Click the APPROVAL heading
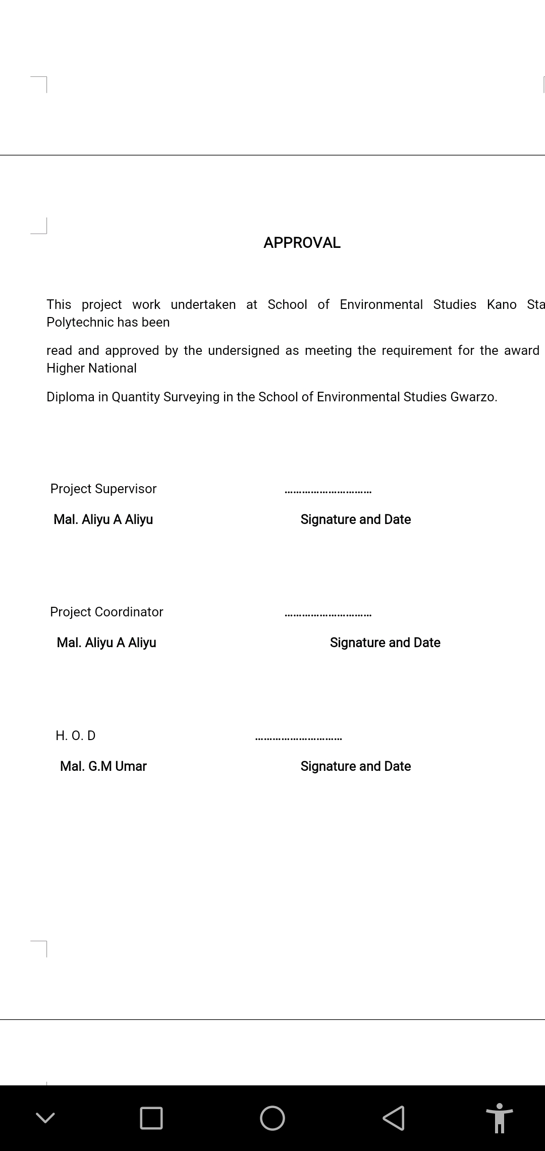pyautogui.click(x=302, y=243)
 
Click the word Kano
pyautogui.click(x=501, y=304)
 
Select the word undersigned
pyautogui.click(x=243, y=350)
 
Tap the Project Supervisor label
pyautogui.click(x=103, y=489)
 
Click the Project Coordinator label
pyautogui.click(x=106, y=612)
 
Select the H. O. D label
pyautogui.click(x=76, y=736)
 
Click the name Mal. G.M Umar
pyautogui.click(x=103, y=766)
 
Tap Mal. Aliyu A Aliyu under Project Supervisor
pyautogui.click(x=103, y=519)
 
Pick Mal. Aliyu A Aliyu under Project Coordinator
pyautogui.click(x=106, y=643)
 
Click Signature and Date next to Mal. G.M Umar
pyautogui.click(x=356, y=766)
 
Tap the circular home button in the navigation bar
pyautogui.click(x=272, y=1118)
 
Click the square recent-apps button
pyautogui.click(x=151, y=1118)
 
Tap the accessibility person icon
pyautogui.click(x=499, y=1118)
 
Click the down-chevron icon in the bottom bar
pyautogui.click(x=45, y=1118)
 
